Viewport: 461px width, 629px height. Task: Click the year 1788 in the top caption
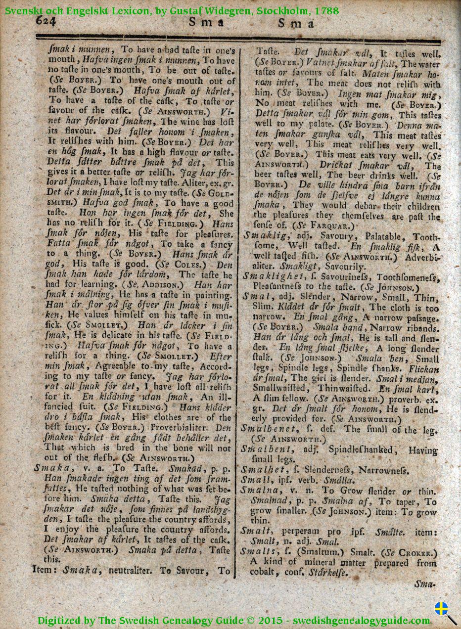tap(326, 9)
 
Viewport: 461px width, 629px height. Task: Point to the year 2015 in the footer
tap(270, 621)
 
